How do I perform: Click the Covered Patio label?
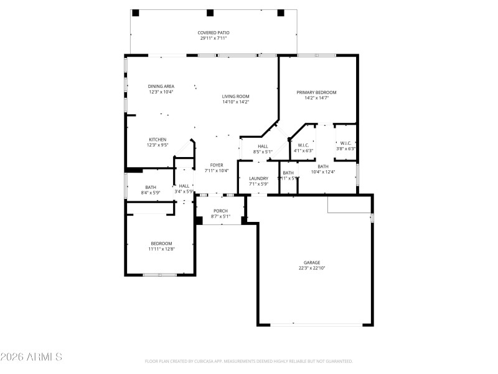click(x=213, y=32)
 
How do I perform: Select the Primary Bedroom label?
click(x=316, y=92)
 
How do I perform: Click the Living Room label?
click(x=235, y=96)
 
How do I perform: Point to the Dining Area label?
click(x=161, y=86)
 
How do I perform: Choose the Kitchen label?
click(x=157, y=139)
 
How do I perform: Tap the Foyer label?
click(x=217, y=165)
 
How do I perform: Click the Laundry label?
click(x=258, y=178)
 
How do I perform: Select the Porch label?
click(x=220, y=211)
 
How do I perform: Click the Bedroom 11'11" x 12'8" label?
click(x=161, y=243)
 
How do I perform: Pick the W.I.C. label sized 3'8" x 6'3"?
click(x=346, y=143)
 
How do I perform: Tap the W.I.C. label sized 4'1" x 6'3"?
click(x=303, y=145)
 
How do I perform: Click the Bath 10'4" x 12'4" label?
click(x=323, y=166)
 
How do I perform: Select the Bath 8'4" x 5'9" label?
click(x=151, y=187)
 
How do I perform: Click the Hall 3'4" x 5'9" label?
click(x=184, y=186)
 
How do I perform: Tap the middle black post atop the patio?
click(x=210, y=12)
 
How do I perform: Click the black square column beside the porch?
click(x=199, y=220)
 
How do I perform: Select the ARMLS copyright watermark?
click(x=31, y=357)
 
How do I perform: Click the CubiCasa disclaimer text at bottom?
click(x=249, y=361)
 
